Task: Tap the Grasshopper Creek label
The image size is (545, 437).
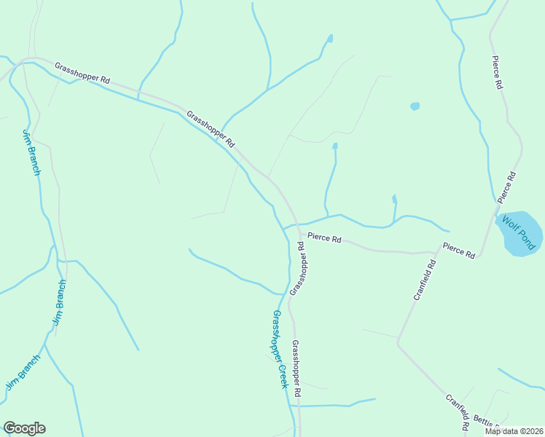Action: coord(280,349)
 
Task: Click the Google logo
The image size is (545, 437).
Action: coord(24,428)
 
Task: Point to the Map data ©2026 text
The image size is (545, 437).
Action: coord(513,431)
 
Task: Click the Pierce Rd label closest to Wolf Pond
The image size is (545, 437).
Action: coord(507,187)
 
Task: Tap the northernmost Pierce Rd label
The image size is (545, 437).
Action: coord(498,73)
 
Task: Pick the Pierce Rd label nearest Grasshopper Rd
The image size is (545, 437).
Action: coord(324,237)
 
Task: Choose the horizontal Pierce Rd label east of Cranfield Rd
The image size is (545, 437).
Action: coord(459,250)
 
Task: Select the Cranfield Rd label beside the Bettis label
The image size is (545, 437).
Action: coord(457,412)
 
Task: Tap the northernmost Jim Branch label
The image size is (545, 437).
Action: coord(31,152)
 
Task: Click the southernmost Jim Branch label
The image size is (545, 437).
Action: coord(23,372)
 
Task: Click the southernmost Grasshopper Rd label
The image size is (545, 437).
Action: coord(297,369)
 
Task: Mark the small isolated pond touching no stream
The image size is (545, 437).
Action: coord(415,106)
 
